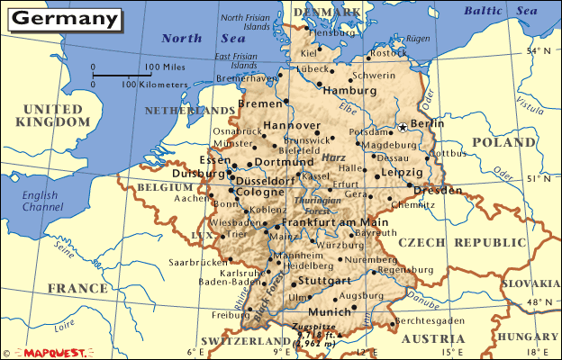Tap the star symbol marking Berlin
coord(402,128)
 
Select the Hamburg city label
coord(349,91)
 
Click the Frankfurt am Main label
coord(334,222)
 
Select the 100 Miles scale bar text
coord(165,67)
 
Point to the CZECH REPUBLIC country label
coord(462,243)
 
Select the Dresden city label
coord(439,191)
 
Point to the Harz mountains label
coord(334,158)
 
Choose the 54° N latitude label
coord(538,51)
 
